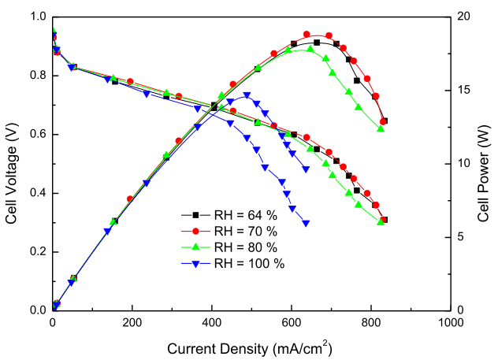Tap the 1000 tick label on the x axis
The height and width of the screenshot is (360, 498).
[x=451, y=323]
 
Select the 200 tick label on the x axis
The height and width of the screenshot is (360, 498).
[x=132, y=323]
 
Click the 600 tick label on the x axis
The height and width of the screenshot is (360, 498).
[x=292, y=323]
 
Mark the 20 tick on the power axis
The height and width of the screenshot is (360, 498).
[x=465, y=17]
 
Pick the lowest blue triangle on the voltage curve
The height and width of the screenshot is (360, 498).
[x=306, y=223]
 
